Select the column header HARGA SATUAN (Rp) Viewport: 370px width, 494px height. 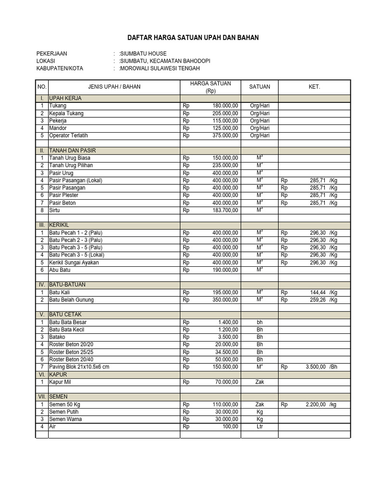point(211,87)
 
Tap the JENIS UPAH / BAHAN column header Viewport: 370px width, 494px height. point(114,87)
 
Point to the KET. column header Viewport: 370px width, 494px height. point(314,87)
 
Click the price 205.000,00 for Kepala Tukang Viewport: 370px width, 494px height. point(225,113)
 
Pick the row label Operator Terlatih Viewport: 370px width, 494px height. point(68,136)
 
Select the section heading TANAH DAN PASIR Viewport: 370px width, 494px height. point(69,151)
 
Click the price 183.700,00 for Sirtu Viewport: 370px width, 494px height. point(225,210)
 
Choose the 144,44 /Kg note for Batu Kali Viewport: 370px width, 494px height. point(323,292)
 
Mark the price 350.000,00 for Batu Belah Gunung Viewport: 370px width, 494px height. point(225,300)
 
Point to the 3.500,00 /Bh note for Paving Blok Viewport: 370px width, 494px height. point(320,367)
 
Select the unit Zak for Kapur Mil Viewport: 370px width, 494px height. point(260,382)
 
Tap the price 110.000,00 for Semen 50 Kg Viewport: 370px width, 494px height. point(225,404)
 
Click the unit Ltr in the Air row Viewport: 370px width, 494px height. point(260,426)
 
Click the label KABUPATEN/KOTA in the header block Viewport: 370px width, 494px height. point(60,69)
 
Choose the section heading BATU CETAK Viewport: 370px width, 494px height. point(65,315)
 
